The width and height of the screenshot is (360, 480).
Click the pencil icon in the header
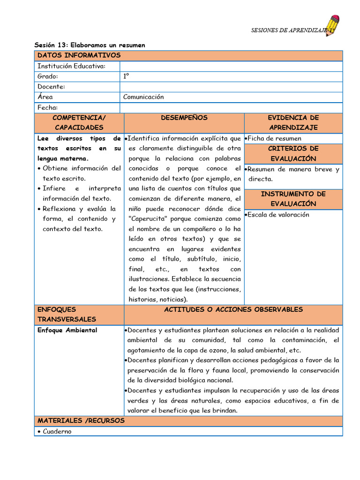[x=334, y=26]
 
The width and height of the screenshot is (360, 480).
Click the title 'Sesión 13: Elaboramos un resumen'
[x=90, y=45]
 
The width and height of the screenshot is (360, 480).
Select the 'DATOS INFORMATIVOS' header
[x=79, y=56]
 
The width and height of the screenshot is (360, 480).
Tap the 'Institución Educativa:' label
[x=71, y=66]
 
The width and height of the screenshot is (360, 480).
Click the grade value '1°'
[x=126, y=76]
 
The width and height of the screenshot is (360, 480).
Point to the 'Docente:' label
[x=51, y=87]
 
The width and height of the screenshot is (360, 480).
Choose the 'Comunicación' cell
[x=143, y=97]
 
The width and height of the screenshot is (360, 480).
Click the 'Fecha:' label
[x=47, y=107]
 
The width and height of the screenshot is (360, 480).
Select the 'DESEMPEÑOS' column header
[x=184, y=118]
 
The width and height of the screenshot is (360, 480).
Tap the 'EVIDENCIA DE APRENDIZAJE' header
[x=293, y=123]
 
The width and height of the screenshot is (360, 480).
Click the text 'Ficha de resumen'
[x=274, y=138]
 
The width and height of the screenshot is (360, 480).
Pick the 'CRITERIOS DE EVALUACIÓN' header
[x=293, y=154]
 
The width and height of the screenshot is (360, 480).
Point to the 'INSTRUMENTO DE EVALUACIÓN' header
[x=293, y=199]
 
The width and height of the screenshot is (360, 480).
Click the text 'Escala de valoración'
[x=278, y=215]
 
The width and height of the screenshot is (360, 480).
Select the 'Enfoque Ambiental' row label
[x=67, y=330]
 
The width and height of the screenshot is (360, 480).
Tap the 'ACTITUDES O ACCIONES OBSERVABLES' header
[x=233, y=310]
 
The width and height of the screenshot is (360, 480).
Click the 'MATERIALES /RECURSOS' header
[x=81, y=420]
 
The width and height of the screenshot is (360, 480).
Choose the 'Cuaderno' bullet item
[x=57, y=431]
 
